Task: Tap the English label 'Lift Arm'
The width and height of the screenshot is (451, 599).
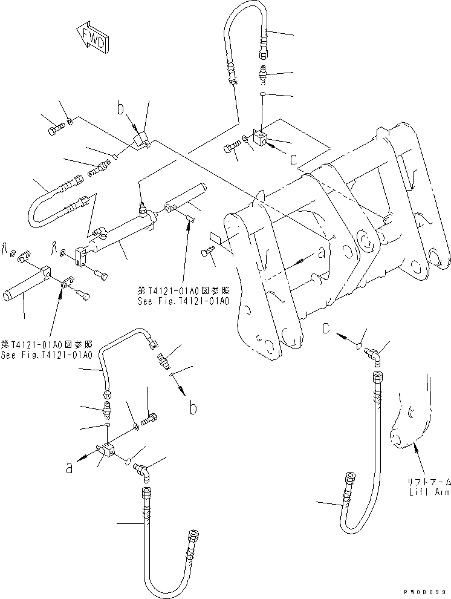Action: click(427, 493)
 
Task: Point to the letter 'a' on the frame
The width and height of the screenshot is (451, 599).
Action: click(321, 254)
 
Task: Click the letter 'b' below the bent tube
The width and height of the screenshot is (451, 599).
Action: click(192, 408)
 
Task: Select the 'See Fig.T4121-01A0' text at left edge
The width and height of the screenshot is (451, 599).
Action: click(46, 355)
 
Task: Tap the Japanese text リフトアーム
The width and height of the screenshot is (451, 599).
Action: click(428, 483)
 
